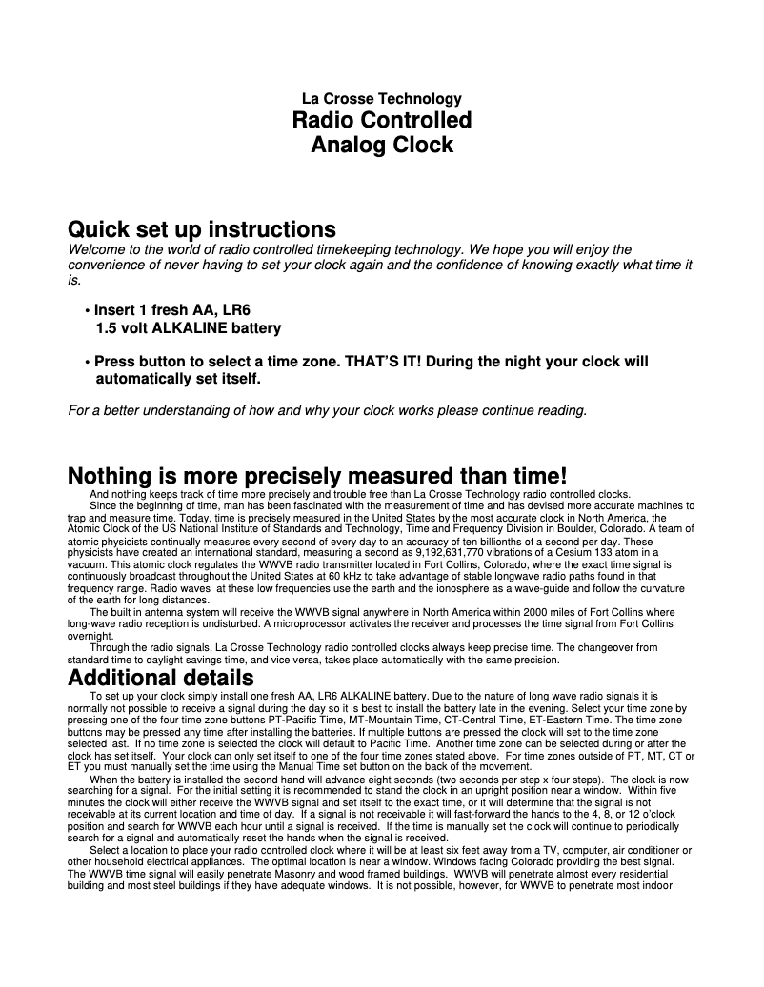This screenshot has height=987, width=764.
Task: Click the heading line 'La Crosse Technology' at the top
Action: pyautogui.click(x=381, y=99)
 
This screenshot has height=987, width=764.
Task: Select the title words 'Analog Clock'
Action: pyautogui.click(x=381, y=146)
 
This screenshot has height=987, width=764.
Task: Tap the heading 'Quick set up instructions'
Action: pyautogui.click(x=202, y=230)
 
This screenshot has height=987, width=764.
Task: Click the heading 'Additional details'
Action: pyautogui.click(x=161, y=678)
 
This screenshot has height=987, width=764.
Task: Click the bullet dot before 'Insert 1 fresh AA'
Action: pyautogui.click(x=87, y=311)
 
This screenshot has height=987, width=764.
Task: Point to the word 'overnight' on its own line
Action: pyautogui.click(x=91, y=636)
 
